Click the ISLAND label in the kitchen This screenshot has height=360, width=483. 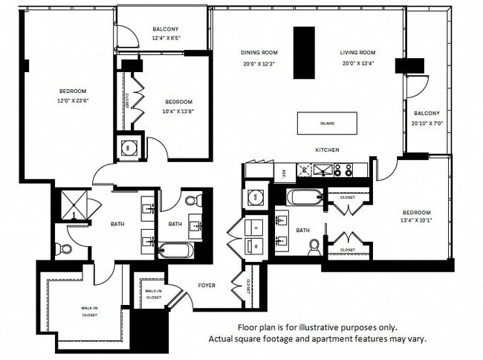click(x=327, y=123)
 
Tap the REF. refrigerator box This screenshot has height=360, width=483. click(x=285, y=172)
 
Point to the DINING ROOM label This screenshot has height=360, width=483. click(x=259, y=53)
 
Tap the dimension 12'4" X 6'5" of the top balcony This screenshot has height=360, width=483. click(x=161, y=38)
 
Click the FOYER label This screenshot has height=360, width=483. click(x=206, y=283)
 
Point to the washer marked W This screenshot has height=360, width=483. click(x=256, y=244)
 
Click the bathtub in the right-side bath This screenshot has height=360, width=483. click(x=304, y=198)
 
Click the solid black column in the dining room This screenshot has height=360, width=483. click(x=303, y=52)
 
